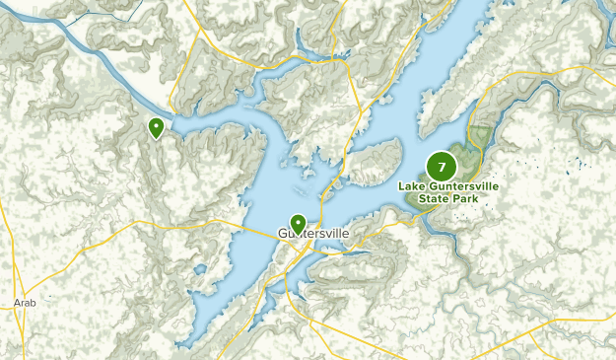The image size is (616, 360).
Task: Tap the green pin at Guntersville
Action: tap(298, 224)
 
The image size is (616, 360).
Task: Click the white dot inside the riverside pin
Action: tap(156, 125)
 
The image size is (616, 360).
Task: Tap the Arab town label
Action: tap(26, 303)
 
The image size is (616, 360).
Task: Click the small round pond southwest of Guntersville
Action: tap(200, 267)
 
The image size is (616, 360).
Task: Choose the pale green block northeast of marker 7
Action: tap(482, 134)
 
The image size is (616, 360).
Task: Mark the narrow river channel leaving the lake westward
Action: tap(99, 59)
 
